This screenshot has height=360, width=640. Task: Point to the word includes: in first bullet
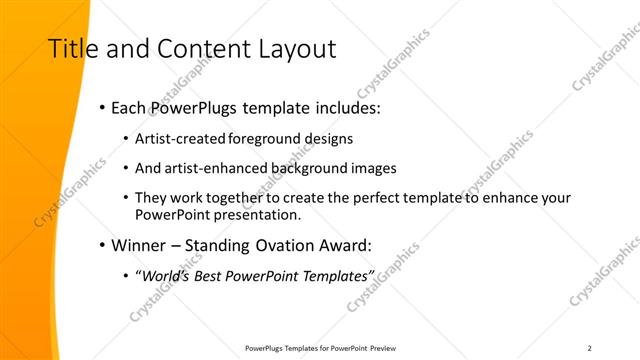tap(347, 108)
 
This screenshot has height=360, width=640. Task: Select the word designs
tap(327, 138)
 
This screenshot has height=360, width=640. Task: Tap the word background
tap(294, 169)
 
